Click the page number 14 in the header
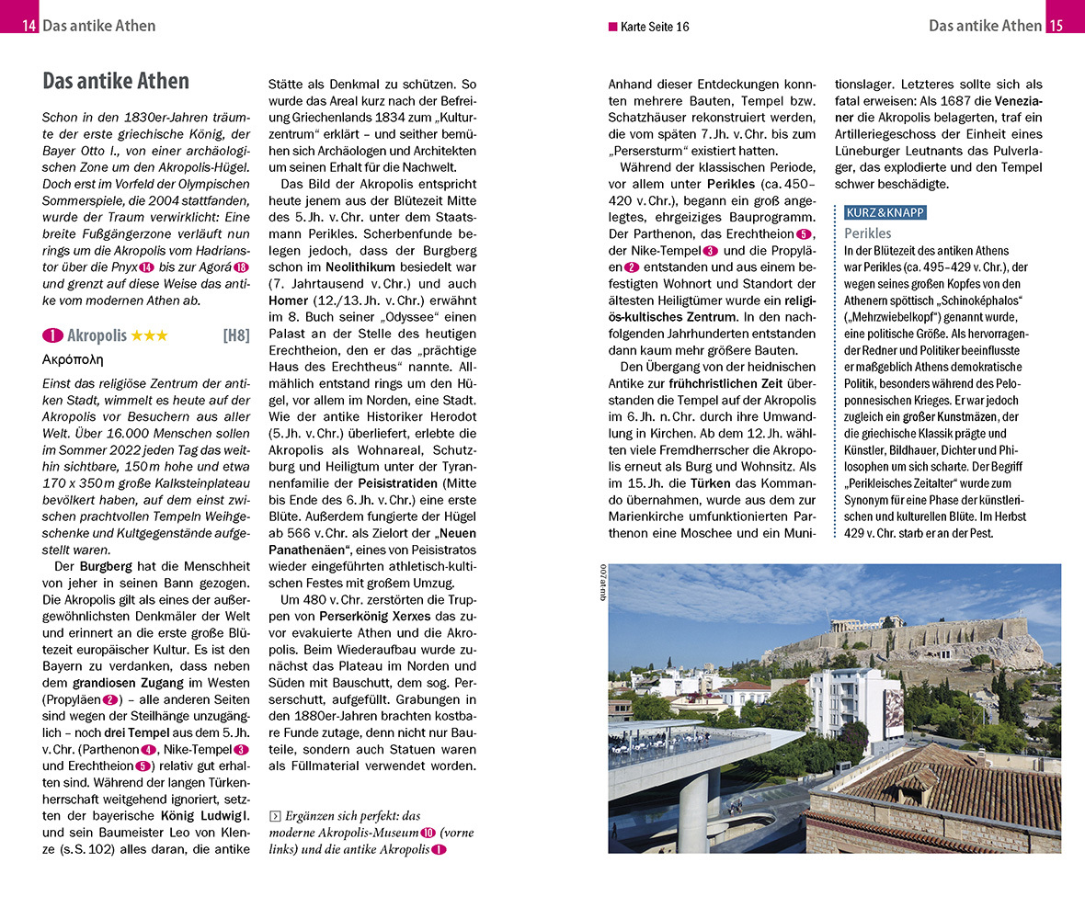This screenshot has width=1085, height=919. tap(29, 26)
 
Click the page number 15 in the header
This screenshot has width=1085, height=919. tap(1056, 26)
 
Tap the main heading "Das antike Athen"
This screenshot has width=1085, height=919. tap(116, 81)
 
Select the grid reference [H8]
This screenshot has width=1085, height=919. tap(235, 335)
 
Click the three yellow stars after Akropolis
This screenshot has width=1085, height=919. tap(149, 335)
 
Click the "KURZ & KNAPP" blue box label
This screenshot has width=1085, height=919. tap(885, 212)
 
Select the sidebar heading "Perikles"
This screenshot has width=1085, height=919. tap(867, 233)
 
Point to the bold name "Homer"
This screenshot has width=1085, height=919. tap(288, 300)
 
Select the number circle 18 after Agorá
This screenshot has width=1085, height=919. tap(241, 267)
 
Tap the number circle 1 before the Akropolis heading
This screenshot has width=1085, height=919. tap(52, 335)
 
